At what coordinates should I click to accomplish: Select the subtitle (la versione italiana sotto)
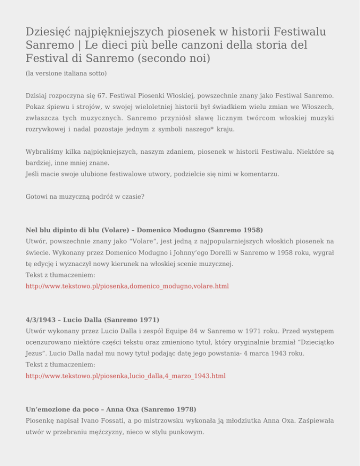pyautogui.click(x=67, y=74)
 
